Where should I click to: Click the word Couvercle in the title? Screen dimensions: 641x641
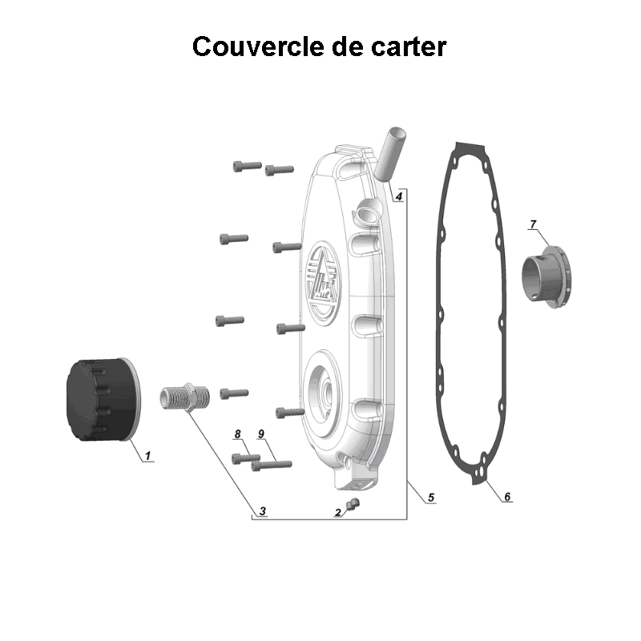pos(256,46)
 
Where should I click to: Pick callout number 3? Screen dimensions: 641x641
pos(262,510)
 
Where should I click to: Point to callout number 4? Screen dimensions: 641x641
pos(399,196)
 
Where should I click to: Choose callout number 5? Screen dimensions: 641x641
pos(431,498)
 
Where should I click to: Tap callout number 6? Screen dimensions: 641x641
pos(506,498)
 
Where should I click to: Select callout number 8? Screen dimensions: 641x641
pos(237,434)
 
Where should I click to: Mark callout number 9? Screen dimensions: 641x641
pos(261,434)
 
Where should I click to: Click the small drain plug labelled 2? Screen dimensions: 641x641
pos(355,503)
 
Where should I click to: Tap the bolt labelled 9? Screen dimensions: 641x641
pos(270,463)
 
